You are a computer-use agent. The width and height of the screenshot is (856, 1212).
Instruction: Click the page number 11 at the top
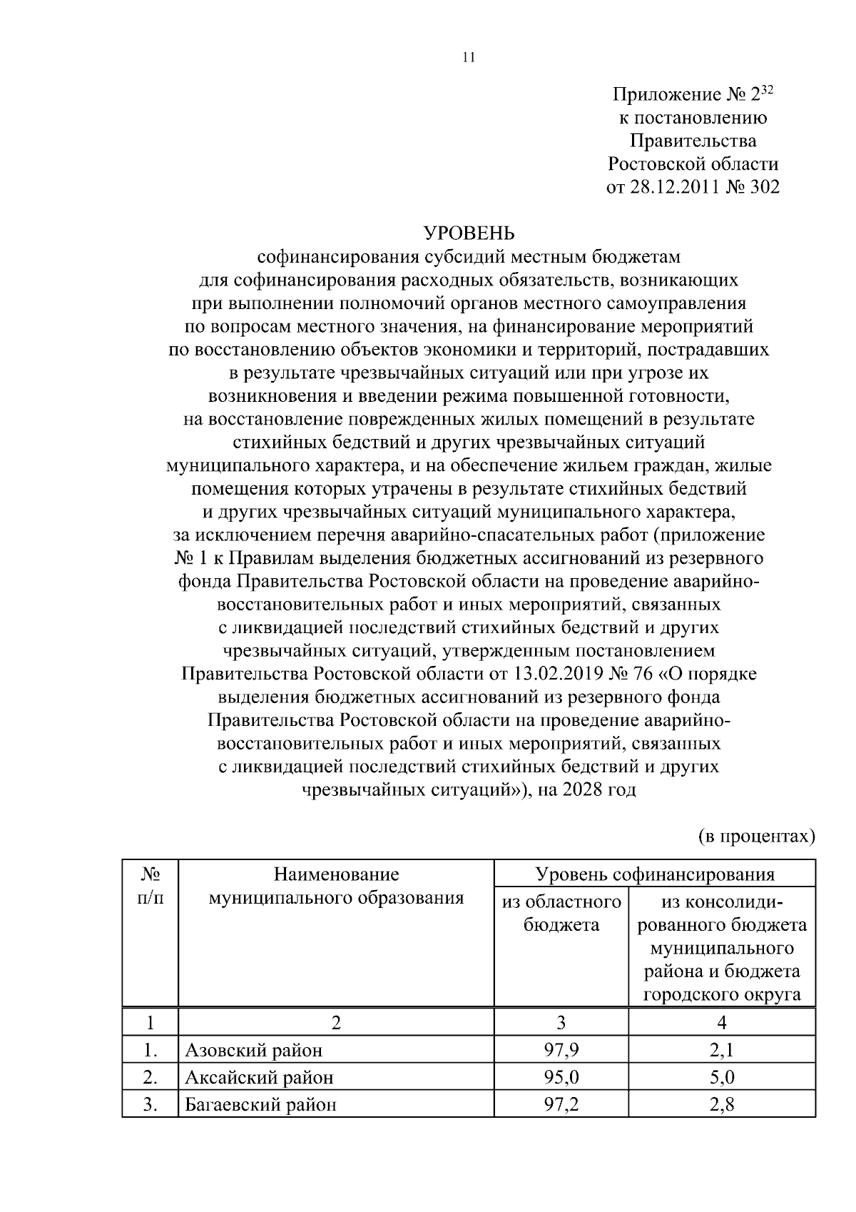(x=469, y=58)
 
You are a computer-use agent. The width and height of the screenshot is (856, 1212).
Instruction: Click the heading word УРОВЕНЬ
(x=469, y=233)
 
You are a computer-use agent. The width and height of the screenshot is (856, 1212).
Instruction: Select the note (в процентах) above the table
(x=755, y=836)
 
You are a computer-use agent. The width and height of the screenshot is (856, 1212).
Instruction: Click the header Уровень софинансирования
(x=654, y=874)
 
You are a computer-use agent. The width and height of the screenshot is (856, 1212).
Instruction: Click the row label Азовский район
(x=254, y=1050)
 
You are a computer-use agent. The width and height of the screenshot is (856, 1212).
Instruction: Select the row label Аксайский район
(x=259, y=1077)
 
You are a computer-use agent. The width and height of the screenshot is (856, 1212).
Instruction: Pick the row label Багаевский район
(x=261, y=1105)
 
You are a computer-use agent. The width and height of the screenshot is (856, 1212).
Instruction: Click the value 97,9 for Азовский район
(x=561, y=1050)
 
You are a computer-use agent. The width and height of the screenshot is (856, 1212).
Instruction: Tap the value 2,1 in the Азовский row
(x=721, y=1050)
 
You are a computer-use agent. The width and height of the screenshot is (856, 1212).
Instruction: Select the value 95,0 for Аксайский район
(x=561, y=1077)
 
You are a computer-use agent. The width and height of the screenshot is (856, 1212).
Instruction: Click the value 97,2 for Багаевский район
(x=561, y=1105)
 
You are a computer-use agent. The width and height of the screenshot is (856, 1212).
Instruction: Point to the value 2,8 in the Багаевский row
(x=721, y=1105)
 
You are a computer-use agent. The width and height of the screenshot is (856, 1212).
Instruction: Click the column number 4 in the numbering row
(x=721, y=1023)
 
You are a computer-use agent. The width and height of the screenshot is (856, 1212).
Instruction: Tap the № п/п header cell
(x=150, y=886)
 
